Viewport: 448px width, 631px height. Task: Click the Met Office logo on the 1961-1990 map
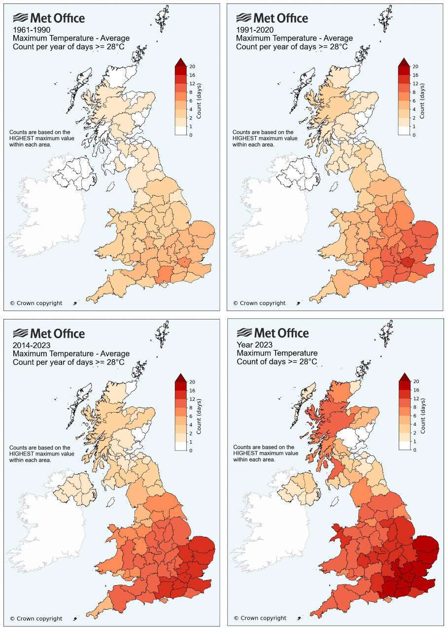pos(48,18)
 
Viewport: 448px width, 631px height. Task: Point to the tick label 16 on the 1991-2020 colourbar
pos(415,75)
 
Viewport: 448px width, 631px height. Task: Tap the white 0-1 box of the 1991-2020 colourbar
pos(404,131)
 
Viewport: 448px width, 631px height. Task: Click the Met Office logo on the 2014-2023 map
pos(48,333)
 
